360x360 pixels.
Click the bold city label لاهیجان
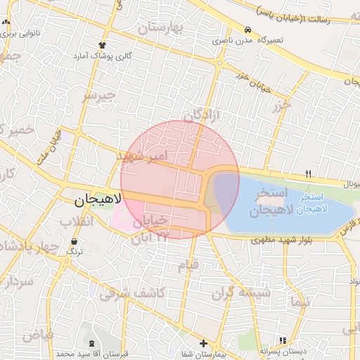98,200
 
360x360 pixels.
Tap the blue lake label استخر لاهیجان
319,204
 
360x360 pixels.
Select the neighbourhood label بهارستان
160,28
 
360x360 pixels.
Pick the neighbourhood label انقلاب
75,222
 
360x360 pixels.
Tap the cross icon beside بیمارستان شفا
203,344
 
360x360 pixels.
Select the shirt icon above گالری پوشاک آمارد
103,44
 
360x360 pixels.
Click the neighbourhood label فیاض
37,335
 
